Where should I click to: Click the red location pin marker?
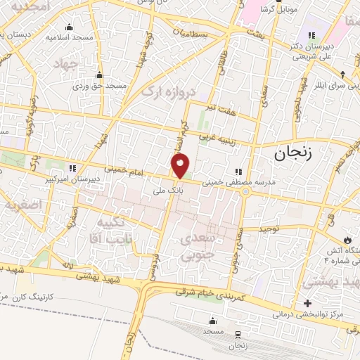(x=181, y=166)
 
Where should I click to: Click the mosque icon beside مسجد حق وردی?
(x=99, y=75)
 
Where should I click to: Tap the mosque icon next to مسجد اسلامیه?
(x=68, y=27)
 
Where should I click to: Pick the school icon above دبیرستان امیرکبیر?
(x=72, y=169)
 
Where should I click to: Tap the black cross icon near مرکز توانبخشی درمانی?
(x=307, y=304)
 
